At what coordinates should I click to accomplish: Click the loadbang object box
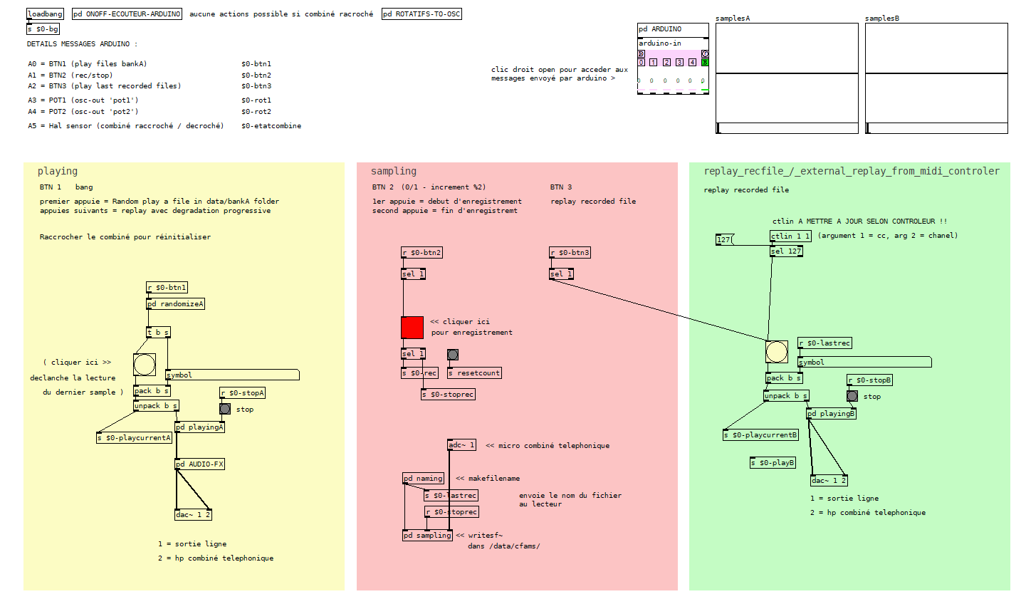[45, 14]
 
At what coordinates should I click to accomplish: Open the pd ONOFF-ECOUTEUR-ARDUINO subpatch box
[127, 14]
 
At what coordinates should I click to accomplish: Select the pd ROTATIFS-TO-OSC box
[422, 14]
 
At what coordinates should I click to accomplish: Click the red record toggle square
[412, 328]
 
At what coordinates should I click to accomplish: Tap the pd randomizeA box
[175, 304]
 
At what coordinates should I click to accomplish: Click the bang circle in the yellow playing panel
[145, 365]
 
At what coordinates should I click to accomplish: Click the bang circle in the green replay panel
[777, 352]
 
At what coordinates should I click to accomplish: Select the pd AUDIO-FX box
[199, 464]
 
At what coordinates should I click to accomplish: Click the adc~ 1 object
[461, 445]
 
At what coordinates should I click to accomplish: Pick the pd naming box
[423, 479]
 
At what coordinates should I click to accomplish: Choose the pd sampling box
[428, 535]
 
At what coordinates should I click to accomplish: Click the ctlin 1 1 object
[790, 236]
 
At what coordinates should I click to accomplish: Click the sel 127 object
[787, 251]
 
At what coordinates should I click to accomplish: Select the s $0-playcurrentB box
[761, 435]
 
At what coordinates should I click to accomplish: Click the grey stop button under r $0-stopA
[225, 409]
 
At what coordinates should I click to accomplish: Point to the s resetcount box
[474, 373]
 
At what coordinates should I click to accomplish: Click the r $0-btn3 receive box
[570, 253]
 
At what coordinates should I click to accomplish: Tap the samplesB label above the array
[881, 19]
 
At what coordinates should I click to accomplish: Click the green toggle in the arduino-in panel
[705, 63]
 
